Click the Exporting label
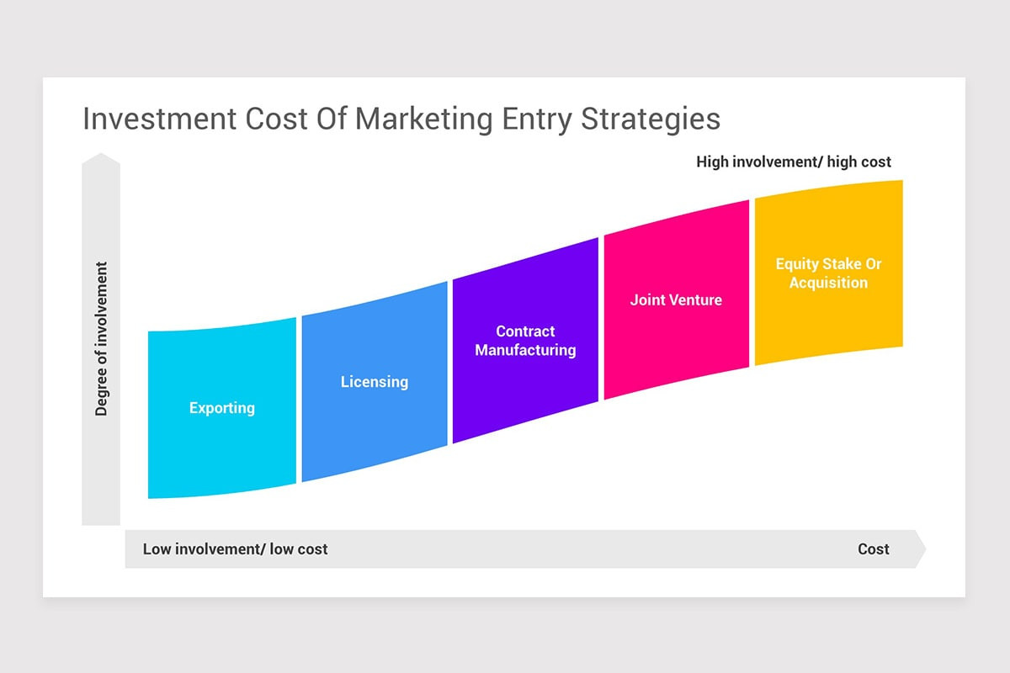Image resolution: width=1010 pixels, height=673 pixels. (x=222, y=409)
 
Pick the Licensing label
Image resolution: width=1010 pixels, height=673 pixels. (x=375, y=382)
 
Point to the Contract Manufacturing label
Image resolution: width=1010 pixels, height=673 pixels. (x=525, y=341)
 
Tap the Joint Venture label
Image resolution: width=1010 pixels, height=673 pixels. (x=676, y=299)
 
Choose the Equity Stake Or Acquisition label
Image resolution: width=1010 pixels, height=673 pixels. (x=828, y=273)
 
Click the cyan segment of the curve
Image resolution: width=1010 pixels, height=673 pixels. (x=222, y=454)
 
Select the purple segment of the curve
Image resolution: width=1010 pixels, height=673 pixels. (x=525, y=395)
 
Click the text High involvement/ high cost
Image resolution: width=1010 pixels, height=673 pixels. (x=794, y=162)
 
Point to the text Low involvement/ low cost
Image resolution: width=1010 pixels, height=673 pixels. (x=236, y=549)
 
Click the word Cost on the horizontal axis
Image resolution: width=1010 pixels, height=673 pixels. (x=874, y=549)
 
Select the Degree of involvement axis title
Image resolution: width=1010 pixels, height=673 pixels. (x=102, y=339)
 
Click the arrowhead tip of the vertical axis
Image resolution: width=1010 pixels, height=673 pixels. (x=101, y=156)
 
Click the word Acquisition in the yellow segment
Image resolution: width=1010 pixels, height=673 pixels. (x=828, y=283)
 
